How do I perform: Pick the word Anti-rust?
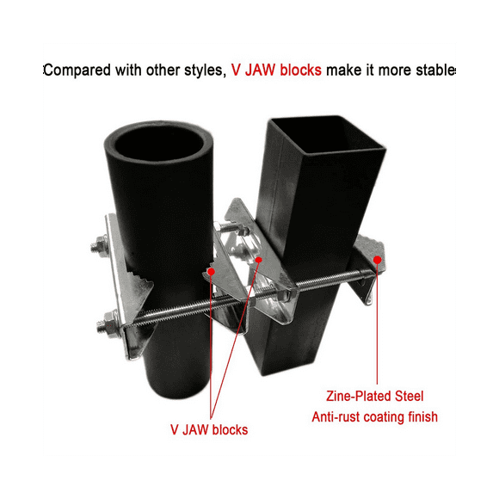(336, 417)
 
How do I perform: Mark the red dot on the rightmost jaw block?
(378, 258)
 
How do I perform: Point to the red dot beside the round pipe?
(211, 270)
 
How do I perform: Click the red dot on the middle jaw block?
(258, 258)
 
